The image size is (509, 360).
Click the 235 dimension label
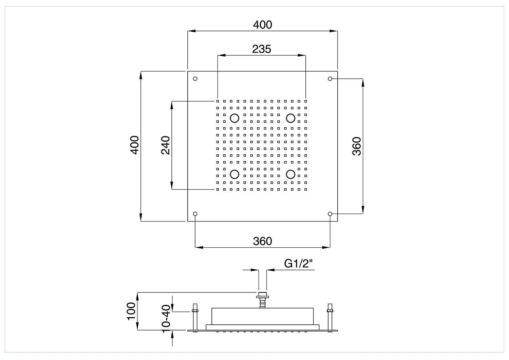262,49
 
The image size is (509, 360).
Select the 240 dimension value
166,145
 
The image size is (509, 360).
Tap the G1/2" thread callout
298,264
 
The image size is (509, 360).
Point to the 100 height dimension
131,311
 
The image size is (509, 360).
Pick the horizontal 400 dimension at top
262,25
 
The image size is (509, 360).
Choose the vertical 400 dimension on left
134,145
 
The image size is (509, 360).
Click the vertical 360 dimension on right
357,146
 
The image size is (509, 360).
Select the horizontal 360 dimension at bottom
262,241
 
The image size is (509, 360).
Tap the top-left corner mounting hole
195,79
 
